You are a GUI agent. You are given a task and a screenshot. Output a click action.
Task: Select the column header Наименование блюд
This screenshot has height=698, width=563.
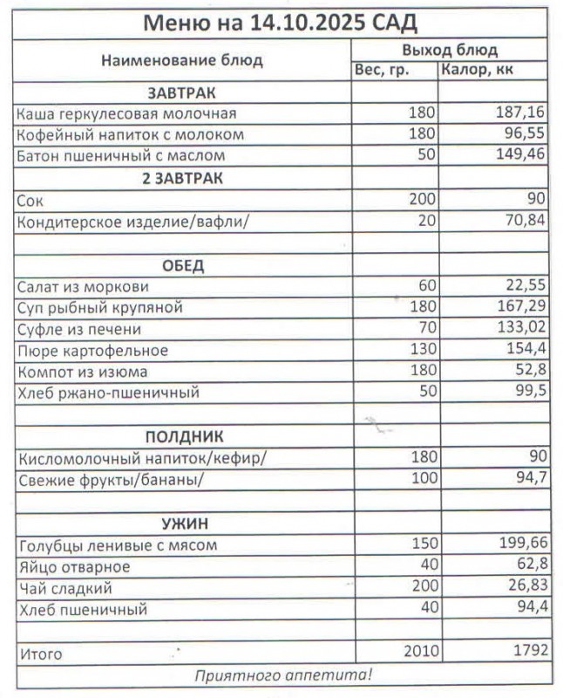click(x=182, y=61)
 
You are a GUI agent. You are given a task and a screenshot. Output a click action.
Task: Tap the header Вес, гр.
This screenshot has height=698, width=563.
click(x=382, y=70)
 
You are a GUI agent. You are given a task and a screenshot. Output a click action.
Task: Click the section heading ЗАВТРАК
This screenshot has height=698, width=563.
click(x=182, y=92)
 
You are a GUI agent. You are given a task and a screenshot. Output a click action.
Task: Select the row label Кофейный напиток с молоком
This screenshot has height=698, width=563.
click(x=131, y=135)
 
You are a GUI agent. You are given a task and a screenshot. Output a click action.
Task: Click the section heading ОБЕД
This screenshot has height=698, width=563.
click(x=182, y=265)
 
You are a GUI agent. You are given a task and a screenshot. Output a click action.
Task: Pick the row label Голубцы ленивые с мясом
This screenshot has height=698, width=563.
click(x=117, y=545)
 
